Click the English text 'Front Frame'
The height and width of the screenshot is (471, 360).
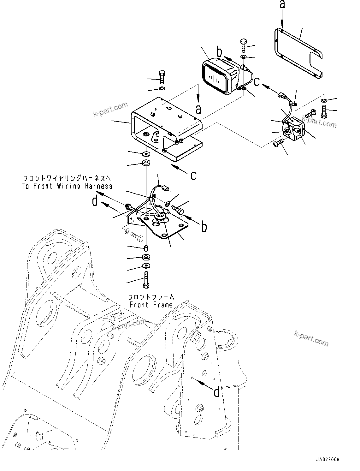[151, 305]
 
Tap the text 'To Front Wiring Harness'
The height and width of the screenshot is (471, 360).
[67, 186]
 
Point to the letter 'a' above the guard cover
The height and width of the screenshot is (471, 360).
[282, 5]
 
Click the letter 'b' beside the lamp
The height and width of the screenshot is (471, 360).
[219, 51]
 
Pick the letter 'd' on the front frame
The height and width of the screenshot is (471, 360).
[216, 392]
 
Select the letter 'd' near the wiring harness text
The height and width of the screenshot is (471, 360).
[95, 201]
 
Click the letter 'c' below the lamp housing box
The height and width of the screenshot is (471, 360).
[193, 175]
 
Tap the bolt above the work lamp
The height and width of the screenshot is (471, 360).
[244, 46]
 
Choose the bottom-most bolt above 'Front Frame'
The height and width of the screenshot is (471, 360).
[146, 280]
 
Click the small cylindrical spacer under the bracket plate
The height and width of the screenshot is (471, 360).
[146, 247]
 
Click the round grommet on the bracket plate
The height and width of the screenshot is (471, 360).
[160, 216]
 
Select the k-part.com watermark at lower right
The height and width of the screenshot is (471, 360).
[311, 338]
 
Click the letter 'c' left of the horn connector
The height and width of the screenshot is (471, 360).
[257, 81]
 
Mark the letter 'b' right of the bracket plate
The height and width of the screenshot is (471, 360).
[204, 227]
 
